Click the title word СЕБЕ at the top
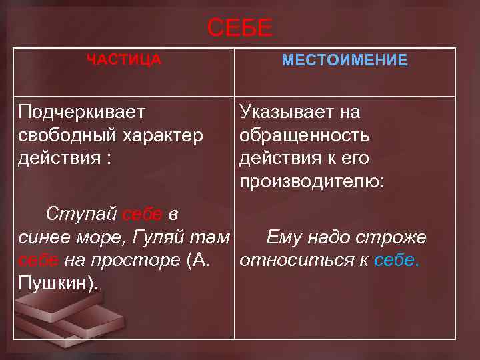coord(240,29)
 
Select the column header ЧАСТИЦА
coord(124,60)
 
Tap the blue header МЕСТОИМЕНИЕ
coord(345,61)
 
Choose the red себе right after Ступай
coord(142,214)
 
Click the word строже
coord(394,237)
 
